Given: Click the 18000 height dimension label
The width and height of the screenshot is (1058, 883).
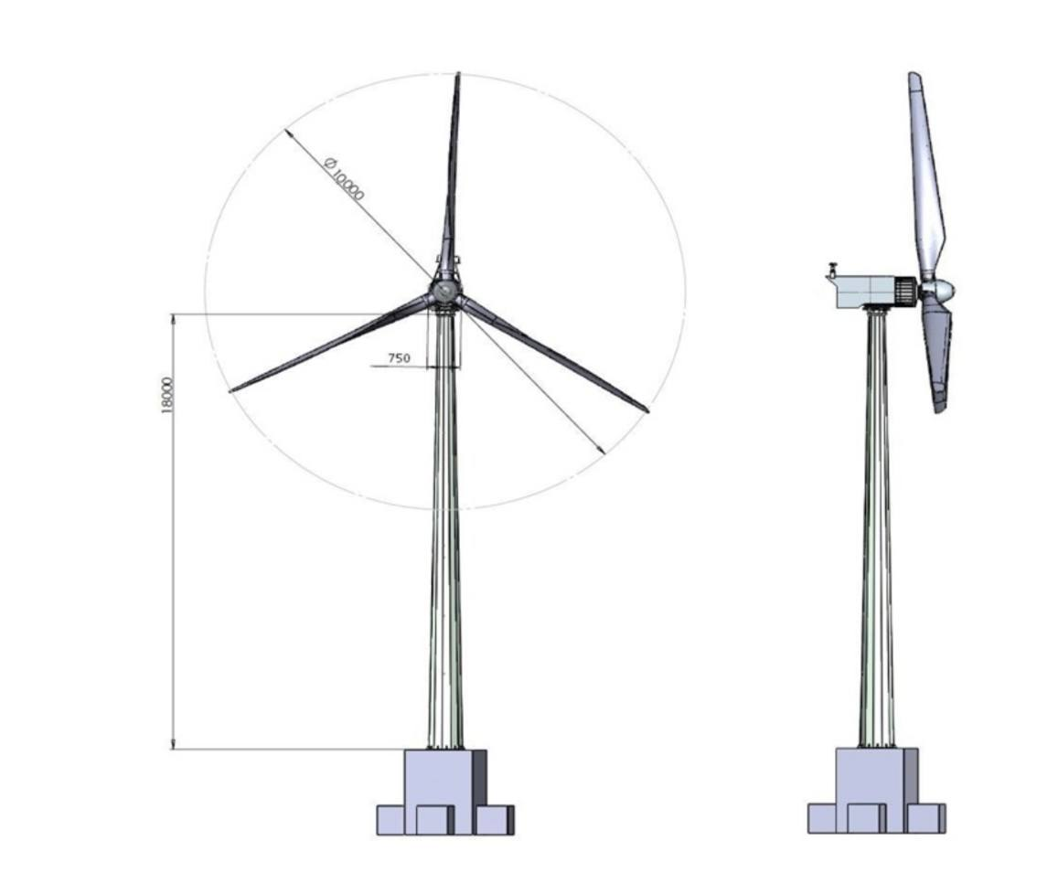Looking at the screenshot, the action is click(167, 395).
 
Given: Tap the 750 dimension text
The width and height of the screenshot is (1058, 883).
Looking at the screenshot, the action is click(399, 358).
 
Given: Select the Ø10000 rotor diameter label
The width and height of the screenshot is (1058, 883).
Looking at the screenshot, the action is click(344, 180).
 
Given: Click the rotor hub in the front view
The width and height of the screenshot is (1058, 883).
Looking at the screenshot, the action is click(445, 293).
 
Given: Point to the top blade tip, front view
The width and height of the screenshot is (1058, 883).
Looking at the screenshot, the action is click(459, 73).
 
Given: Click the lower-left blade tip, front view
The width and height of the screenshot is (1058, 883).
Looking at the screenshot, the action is click(230, 390).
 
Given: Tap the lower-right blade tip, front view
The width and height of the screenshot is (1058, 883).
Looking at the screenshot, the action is click(647, 410).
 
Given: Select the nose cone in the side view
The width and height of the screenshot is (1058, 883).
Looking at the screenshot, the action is click(939, 292).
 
